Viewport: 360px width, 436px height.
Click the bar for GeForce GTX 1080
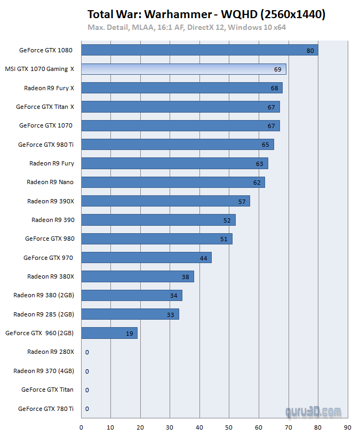tap(199, 50)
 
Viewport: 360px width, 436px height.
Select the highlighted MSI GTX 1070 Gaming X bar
tap(183, 69)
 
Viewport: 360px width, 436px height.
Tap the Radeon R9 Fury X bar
tap(182, 88)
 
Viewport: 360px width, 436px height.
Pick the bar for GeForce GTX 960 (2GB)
tap(109, 333)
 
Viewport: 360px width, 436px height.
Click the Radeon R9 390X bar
tap(165, 201)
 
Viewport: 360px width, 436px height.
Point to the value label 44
tap(203, 258)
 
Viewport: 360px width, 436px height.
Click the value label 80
tap(310, 51)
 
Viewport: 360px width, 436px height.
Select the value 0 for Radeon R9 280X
tap(87, 352)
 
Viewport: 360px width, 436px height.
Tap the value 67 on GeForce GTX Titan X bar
tap(271, 107)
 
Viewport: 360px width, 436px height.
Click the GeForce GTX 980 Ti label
tap(46, 145)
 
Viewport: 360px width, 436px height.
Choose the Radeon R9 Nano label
tap(50, 182)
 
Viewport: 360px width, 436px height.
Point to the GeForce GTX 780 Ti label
tap(46, 409)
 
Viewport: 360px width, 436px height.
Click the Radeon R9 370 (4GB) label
tap(44, 371)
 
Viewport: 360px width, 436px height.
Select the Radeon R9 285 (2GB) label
tap(44, 314)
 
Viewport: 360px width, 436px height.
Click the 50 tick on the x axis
tap(229, 427)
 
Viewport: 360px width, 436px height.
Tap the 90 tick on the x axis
tap(347, 427)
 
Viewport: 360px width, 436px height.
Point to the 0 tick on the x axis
tap(81, 427)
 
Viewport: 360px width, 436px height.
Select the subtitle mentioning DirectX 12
tap(188, 27)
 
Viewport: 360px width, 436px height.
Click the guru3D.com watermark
tap(313, 411)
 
